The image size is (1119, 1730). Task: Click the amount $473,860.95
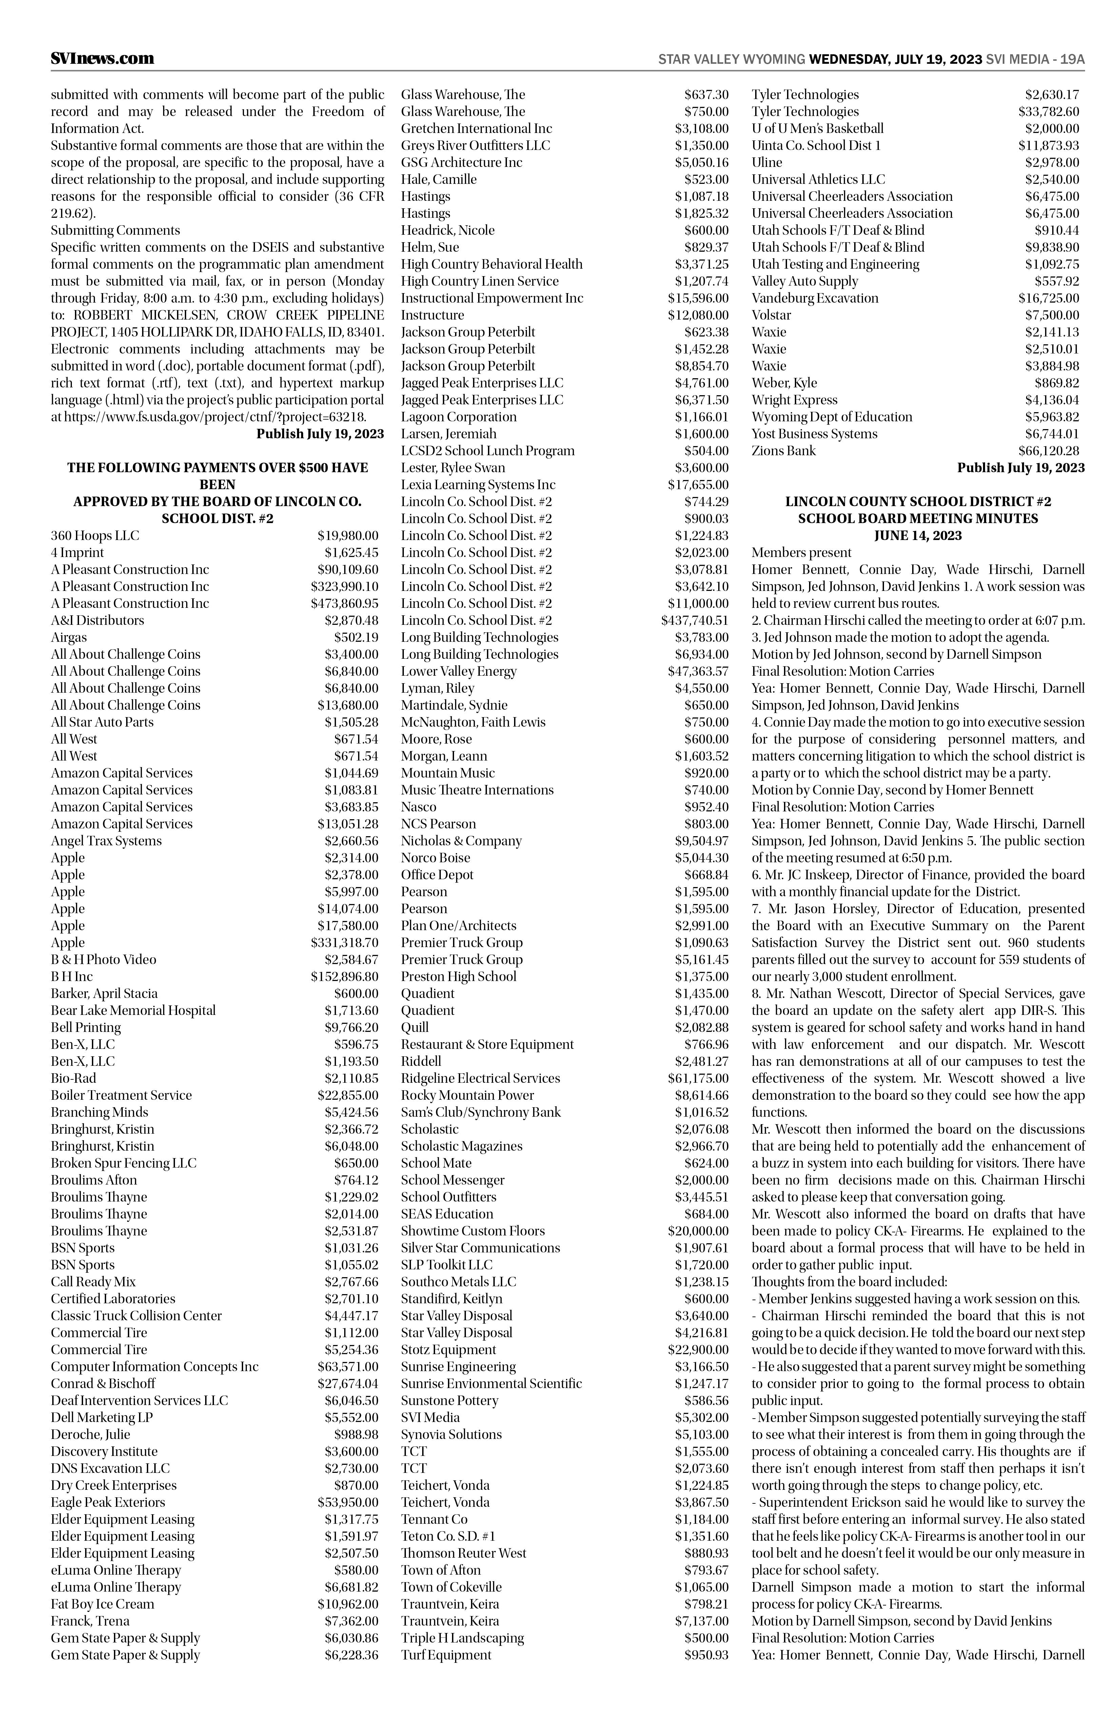point(345,603)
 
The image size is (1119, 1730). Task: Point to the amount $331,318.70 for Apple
point(345,943)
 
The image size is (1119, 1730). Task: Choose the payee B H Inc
point(72,976)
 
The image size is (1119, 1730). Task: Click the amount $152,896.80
point(345,976)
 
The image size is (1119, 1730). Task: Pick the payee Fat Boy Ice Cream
point(102,1604)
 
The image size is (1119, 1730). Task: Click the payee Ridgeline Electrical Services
point(480,1078)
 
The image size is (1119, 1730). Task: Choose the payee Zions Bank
point(783,451)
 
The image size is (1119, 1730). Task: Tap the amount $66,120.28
point(1048,451)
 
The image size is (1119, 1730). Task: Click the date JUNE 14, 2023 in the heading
point(918,536)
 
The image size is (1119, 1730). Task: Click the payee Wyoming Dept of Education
point(832,417)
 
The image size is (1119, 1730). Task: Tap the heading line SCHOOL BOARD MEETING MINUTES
point(918,518)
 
